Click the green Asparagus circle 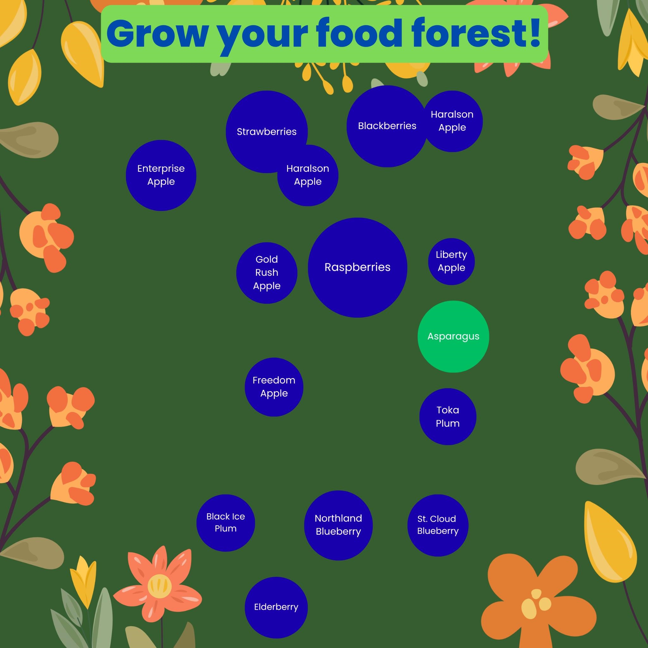tap(453, 336)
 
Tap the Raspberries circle tap(358, 267)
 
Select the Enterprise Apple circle tap(161, 175)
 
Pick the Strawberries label tap(267, 132)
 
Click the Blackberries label tap(387, 126)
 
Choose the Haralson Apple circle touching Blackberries tap(452, 121)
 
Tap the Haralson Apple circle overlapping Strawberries tap(308, 175)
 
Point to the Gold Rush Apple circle tap(267, 273)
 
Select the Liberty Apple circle tap(451, 261)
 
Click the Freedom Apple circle tap(274, 387)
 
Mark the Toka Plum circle tap(447, 417)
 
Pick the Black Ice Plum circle tap(225, 523)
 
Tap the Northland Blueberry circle tap(338, 525)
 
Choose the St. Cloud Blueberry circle tap(437, 525)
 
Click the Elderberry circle tap(276, 607)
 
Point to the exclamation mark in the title tap(533, 33)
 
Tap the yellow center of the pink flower tap(160, 586)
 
